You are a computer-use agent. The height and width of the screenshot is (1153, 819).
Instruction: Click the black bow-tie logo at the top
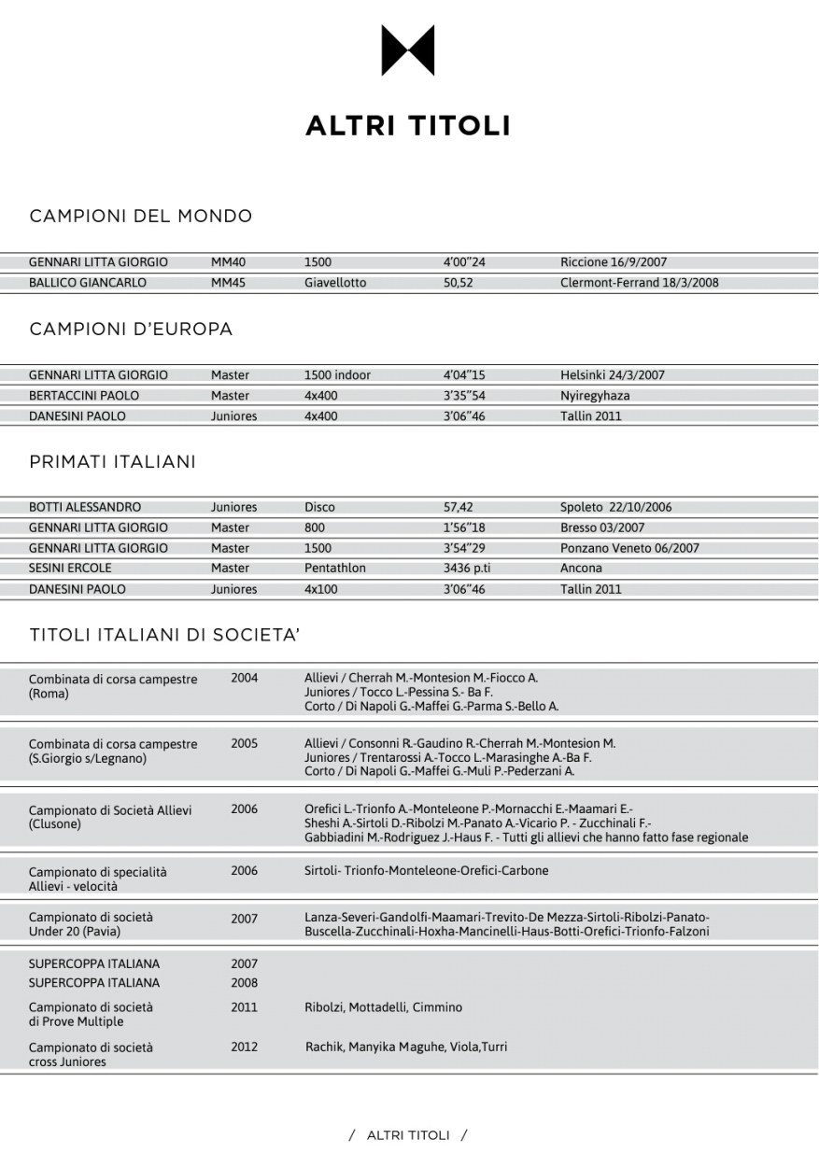point(408,50)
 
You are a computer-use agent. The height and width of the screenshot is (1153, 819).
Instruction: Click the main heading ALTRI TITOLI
point(408,126)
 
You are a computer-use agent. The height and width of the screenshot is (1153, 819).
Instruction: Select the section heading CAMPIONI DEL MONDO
point(141,217)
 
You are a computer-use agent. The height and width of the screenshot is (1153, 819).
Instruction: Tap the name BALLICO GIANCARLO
point(88,282)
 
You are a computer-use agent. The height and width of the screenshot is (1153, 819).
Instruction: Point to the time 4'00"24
point(464,262)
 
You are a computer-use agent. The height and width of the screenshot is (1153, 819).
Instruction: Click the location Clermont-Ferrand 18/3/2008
point(639,282)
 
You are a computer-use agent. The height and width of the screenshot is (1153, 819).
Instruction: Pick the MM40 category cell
point(228,262)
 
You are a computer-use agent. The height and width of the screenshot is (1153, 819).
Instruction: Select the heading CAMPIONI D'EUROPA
point(132,330)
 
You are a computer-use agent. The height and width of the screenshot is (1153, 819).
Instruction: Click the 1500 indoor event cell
point(337,375)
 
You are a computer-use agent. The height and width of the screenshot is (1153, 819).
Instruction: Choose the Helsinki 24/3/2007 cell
point(612,375)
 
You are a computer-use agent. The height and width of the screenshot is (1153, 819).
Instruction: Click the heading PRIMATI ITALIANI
point(113,462)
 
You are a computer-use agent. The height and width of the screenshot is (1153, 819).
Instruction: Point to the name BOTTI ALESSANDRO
point(85,508)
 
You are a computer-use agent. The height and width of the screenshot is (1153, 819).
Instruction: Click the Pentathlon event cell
point(335,568)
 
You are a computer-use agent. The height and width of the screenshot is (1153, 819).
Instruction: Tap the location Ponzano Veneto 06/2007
point(629,548)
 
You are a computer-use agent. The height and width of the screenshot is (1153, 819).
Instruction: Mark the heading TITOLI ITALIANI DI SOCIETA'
point(164,636)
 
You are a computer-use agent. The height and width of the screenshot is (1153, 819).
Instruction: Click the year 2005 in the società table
point(244,743)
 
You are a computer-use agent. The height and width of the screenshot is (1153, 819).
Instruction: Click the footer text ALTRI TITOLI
point(408,1135)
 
